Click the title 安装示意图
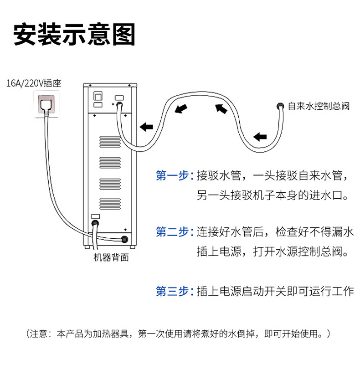coord(74,34)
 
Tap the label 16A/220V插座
coord(34,83)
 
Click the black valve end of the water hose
coord(279,106)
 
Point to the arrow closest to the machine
coord(146,127)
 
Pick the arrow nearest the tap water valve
coord(260,136)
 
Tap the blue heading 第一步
coord(172,175)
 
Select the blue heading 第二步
coord(172,232)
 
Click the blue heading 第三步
coord(172,291)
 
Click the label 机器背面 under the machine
coord(111,257)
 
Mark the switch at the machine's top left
coord(97,96)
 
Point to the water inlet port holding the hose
coord(119,104)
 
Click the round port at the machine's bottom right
coord(124,239)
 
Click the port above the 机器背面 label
coord(96,223)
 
